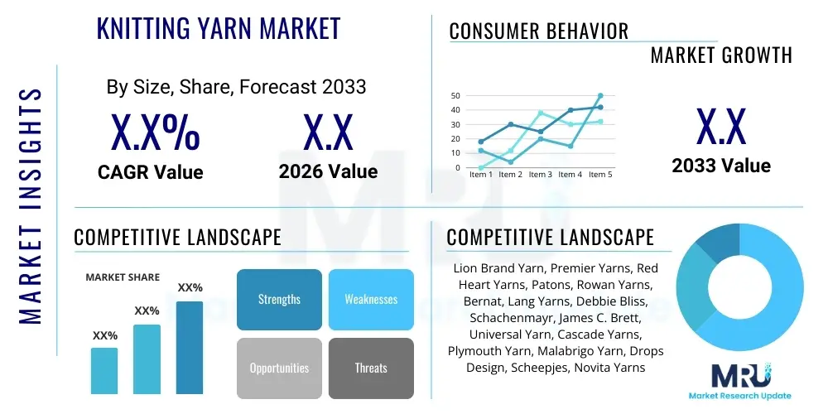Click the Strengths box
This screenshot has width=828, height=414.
point(279,300)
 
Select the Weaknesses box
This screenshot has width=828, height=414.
point(371,300)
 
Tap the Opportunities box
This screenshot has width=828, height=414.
point(279,368)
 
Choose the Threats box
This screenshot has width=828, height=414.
point(371,368)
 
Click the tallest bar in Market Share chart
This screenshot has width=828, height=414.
point(190,348)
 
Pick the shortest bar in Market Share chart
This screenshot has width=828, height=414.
point(104,371)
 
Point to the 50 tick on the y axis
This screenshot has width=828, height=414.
point(455,95)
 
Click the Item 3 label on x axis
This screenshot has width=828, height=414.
point(541,174)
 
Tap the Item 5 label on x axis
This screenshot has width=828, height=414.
point(600,174)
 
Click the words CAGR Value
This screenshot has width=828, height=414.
point(151,171)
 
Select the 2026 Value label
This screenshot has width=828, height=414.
point(329,171)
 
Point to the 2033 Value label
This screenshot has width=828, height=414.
point(721,166)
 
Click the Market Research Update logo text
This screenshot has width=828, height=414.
point(739,396)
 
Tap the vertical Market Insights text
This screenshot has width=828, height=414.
point(31,206)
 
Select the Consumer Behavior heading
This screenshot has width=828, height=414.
point(539,31)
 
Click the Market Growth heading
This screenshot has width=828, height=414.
point(721,55)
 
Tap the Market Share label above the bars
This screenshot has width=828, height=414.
point(123,277)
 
